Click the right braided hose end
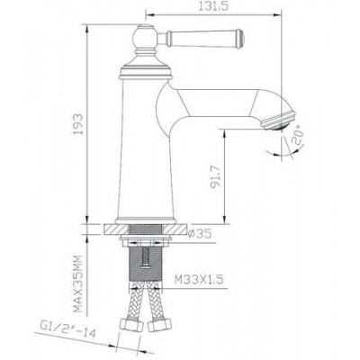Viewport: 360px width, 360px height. pos(167,323)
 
